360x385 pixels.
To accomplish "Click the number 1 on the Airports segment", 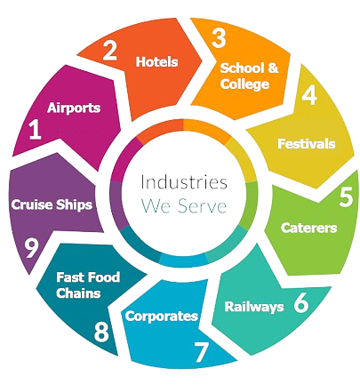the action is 35,131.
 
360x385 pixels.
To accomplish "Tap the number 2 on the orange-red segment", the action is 109,51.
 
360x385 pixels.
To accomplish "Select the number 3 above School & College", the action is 219,38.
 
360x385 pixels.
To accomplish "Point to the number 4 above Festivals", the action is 309,95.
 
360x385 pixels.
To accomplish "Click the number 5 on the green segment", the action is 347,197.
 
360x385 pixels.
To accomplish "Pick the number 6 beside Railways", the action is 301,303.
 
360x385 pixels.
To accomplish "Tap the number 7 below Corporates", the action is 202,352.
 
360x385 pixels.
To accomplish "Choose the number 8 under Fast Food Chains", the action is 101,332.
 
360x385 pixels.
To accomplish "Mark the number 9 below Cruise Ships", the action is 31,248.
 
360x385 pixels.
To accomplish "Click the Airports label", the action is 74,108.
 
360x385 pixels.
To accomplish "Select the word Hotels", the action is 156,62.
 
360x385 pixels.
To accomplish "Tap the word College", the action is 244,84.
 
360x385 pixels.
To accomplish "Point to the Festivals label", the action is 307,144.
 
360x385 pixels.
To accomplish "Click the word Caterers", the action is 308,228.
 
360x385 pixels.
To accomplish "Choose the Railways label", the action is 254,307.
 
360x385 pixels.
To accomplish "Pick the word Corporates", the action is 162,317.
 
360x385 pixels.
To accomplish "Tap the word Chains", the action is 78,293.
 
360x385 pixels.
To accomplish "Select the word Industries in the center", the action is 184,182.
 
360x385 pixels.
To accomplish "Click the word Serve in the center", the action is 202,205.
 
